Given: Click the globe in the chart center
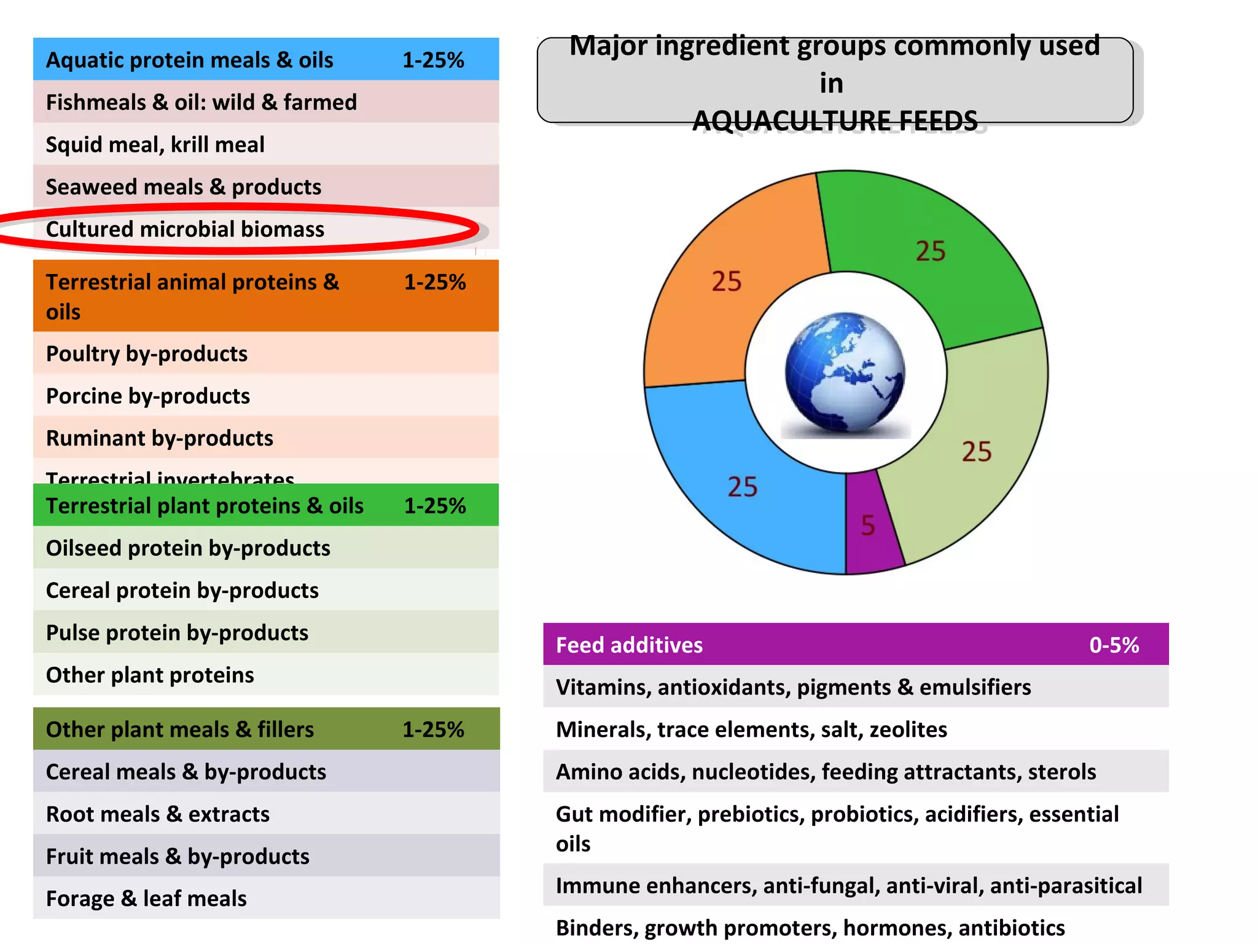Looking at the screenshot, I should tap(845, 372).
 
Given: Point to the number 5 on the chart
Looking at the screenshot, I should tap(868, 525).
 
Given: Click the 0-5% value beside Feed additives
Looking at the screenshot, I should tap(1114, 645).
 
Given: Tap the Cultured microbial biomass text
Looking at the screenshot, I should tap(185, 229).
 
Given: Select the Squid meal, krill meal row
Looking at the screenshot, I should tap(155, 144).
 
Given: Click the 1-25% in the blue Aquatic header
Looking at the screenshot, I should tap(433, 60).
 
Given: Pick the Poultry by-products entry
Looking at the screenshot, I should tap(147, 353).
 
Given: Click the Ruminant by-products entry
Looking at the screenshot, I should tap(160, 438).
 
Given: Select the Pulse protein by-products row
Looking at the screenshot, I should tap(177, 632).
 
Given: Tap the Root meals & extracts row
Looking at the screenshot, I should tap(158, 814).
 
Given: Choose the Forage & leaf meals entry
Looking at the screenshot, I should tap(146, 899).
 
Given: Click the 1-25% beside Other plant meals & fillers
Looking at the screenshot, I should tap(433, 730).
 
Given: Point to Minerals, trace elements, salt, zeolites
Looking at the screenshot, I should tap(751, 730).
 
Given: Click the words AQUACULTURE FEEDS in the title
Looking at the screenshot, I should tap(835, 120).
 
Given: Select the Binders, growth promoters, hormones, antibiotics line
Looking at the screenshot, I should tap(810, 927).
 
